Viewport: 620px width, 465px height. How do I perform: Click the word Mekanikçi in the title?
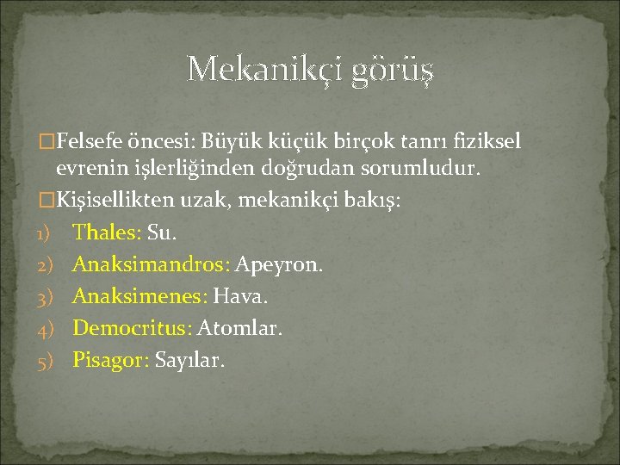tap(263, 69)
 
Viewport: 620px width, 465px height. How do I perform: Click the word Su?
tap(161, 232)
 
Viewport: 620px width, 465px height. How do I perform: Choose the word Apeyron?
tap(280, 264)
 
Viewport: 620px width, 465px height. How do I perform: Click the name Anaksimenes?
tap(139, 296)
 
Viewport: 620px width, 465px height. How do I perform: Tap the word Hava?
tap(241, 296)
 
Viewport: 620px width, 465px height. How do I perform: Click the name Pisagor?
tap(110, 360)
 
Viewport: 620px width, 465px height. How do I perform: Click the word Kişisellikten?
tap(117, 200)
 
